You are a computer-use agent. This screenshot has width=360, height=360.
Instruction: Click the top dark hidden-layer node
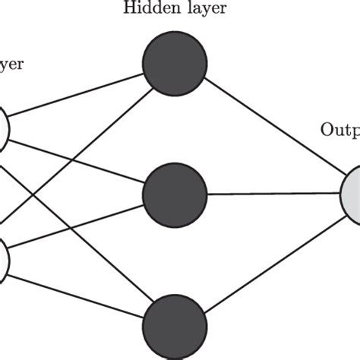[x=175, y=65]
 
